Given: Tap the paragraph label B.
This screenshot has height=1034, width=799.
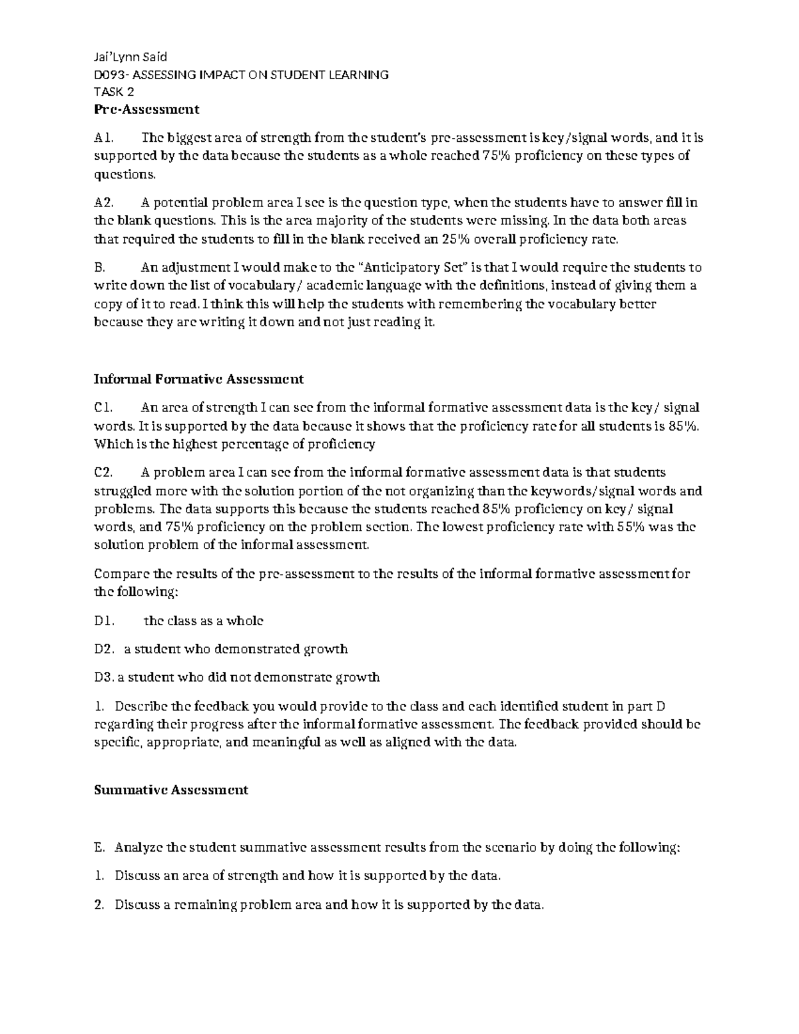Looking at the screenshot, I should point(100,268).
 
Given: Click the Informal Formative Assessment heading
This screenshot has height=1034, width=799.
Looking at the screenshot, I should point(198,380).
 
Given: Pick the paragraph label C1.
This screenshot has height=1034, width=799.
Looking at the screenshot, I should point(105,408).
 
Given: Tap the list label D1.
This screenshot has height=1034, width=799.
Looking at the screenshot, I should point(105,621).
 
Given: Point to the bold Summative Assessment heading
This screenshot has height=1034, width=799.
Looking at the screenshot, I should point(171,790).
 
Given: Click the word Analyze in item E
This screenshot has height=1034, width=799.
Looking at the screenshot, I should point(138,848).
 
